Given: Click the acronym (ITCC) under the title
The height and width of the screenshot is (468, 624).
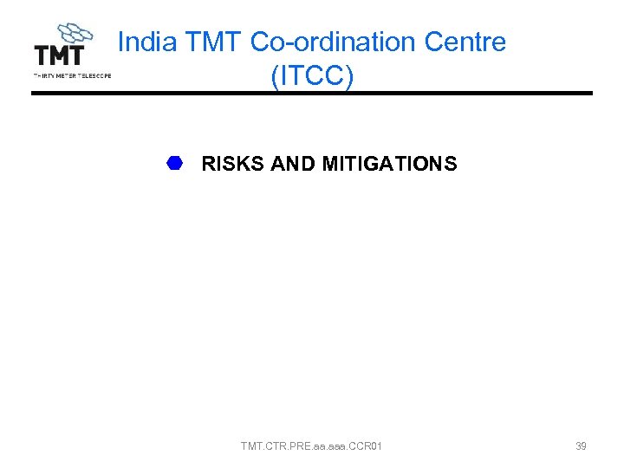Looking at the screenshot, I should point(312,76).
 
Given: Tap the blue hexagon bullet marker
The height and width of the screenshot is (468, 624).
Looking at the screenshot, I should point(175,163).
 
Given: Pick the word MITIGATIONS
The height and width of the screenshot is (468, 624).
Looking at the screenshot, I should point(389,164).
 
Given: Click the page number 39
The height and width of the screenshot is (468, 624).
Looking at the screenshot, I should point(581,446).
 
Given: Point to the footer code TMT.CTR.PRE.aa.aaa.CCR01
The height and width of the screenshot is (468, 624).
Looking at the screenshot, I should point(311,446).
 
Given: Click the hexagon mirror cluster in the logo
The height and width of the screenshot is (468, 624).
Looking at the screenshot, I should point(75,34).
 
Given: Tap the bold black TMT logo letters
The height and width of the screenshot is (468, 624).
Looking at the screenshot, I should point(59,55).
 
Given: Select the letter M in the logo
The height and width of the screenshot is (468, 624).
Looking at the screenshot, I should point(59,55).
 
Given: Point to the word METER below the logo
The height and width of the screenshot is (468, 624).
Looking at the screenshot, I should point(67,75).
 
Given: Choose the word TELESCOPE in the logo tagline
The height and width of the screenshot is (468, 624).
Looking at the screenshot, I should point(94,75).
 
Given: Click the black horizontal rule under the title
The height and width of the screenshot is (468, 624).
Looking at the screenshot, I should point(312,94).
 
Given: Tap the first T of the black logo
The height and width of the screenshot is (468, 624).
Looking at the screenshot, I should point(41,55).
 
